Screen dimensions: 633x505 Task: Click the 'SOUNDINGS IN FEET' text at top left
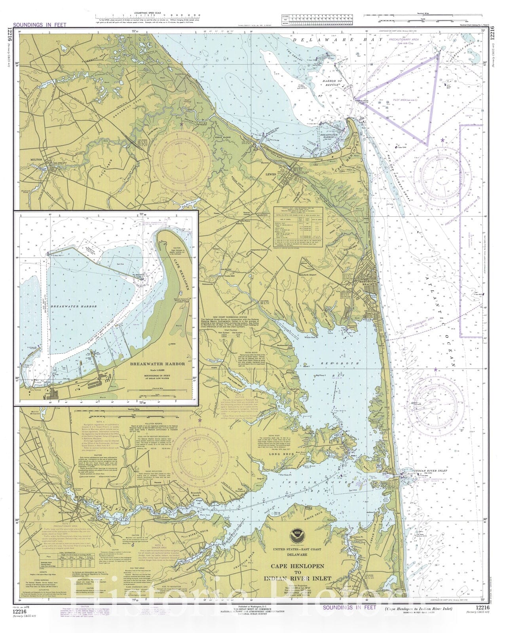(40, 25)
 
